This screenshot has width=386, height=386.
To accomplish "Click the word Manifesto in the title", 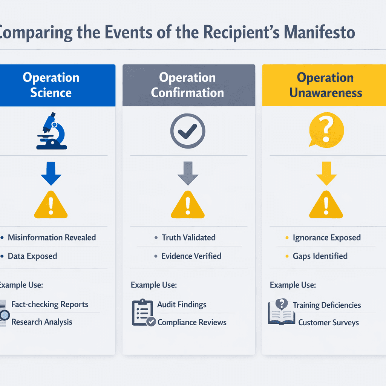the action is (319, 32).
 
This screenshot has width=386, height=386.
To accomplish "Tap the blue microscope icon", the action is (52, 131).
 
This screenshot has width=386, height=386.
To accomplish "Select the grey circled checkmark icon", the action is (188, 131).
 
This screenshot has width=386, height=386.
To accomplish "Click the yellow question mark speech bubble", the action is (326, 130).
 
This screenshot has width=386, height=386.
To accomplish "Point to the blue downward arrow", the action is (51, 173).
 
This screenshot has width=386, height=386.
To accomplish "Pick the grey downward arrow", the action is (188, 173).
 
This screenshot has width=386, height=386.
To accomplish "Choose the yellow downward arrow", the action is (326, 173).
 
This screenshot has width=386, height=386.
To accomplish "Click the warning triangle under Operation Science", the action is (51, 205).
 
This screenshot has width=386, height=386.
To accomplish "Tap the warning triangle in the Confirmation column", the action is (188, 205).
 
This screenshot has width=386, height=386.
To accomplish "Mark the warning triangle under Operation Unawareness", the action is (326, 205).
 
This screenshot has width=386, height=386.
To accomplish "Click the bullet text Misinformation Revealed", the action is (52, 237).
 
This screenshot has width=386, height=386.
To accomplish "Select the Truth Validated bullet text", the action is (188, 237).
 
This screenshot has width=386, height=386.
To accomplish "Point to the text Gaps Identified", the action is (320, 256).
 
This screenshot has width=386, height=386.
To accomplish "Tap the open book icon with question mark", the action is (281, 311).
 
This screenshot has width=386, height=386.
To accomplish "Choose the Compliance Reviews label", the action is (192, 322).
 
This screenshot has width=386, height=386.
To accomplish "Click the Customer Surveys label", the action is (329, 323).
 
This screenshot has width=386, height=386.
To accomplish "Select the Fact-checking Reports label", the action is (50, 305).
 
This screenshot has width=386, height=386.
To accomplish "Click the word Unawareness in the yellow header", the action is (326, 93).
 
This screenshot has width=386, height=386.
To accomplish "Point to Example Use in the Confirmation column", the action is (154, 285).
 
